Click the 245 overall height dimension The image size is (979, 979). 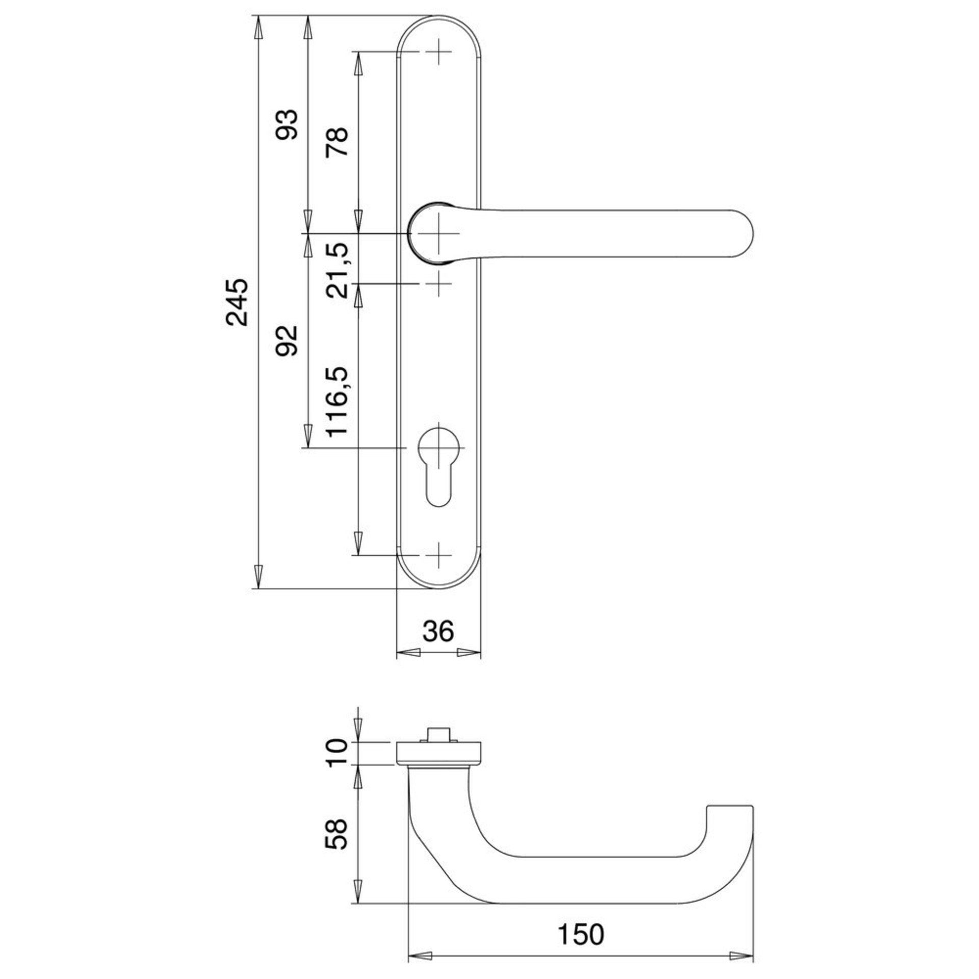click(x=237, y=302)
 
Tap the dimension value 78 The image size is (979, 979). click(x=338, y=142)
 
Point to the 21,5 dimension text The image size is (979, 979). click(x=338, y=270)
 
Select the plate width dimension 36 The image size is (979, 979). click(x=439, y=631)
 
